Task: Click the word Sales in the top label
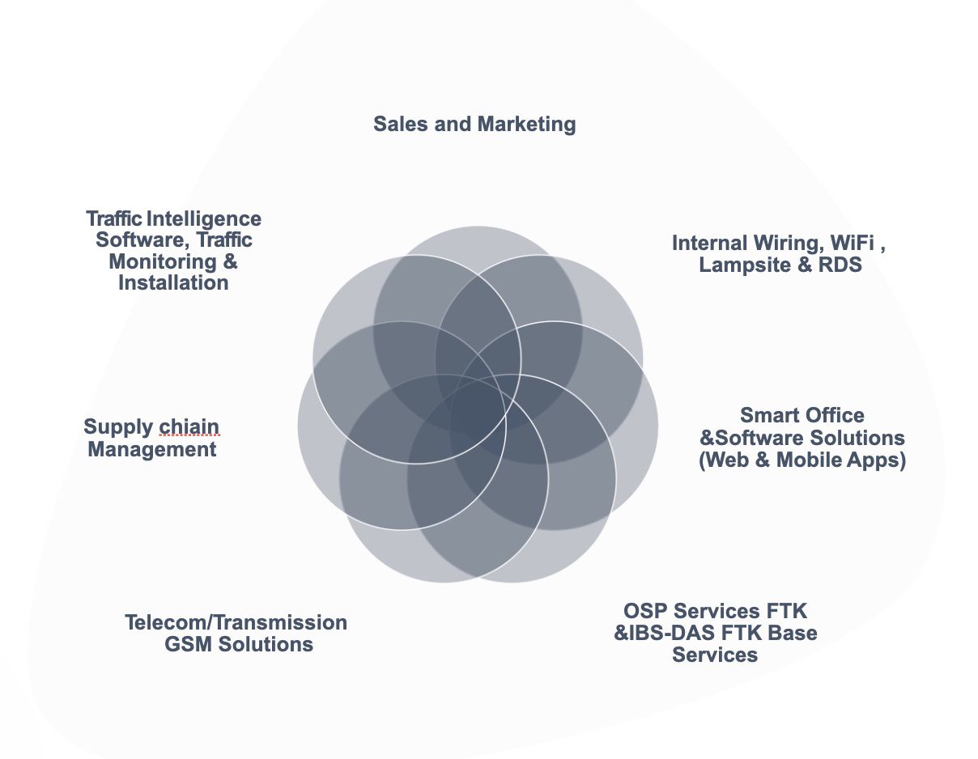pyautogui.click(x=398, y=125)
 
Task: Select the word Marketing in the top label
pyautogui.click(x=526, y=125)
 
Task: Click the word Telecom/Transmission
pyautogui.click(x=236, y=622)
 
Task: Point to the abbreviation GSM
pyautogui.click(x=188, y=644)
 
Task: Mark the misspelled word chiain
pyautogui.click(x=189, y=426)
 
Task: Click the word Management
pyautogui.click(x=152, y=449)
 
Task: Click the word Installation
pyautogui.click(x=173, y=282)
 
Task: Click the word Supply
pyautogui.click(x=118, y=426)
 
